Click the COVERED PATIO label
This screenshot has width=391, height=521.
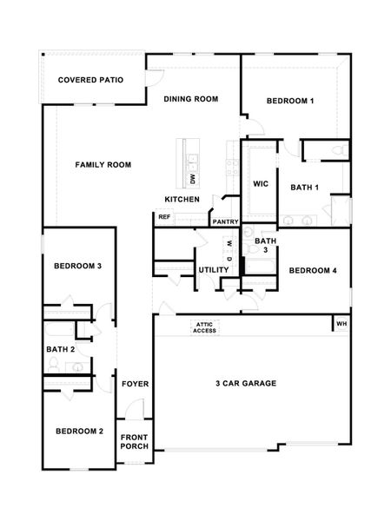(90, 80)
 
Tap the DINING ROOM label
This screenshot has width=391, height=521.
(190, 99)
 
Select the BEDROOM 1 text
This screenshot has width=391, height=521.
(290, 102)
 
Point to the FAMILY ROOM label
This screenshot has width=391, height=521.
(103, 164)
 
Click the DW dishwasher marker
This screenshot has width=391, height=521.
(191, 180)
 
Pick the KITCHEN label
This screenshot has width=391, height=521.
(182, 200)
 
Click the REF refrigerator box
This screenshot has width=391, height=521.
(164, 217)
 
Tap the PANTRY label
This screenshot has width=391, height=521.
(225, 221)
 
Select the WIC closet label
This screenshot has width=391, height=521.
(260, 184)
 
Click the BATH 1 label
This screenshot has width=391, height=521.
(305, 187)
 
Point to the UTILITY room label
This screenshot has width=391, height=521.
(214, 270)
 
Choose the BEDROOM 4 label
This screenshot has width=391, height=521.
(313, 270)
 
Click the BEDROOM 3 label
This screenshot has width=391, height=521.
(78, 266)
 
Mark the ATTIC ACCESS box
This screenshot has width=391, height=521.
(205, 327)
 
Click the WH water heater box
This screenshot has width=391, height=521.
(341, 325)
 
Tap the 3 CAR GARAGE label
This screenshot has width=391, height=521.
(246, 383)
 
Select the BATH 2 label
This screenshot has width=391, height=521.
(61, 349)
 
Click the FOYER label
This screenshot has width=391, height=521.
(134, 383)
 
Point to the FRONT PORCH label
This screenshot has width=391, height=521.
(135, 441)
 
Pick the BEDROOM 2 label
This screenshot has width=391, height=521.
(80, 431)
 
